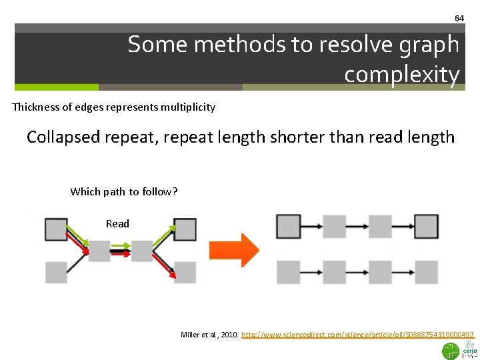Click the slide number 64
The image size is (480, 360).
tap(459, 18)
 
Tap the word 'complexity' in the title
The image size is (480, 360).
tap(402, 75)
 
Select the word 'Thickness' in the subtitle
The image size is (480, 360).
tap(36, 107)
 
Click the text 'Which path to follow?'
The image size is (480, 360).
tap(124, 192)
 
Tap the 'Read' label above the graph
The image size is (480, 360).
tap(117, 223)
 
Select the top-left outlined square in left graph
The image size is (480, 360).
tap(56, 229)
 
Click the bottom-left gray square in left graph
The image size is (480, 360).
tap(56, 272)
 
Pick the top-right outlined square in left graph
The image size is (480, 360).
tap(185, 229)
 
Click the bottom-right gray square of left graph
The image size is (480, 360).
tap(185, 272)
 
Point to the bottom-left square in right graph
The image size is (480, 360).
tap(288, 272)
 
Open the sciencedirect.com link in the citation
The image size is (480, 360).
tap(358, 334)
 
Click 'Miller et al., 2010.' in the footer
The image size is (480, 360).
tap(209, 334)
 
